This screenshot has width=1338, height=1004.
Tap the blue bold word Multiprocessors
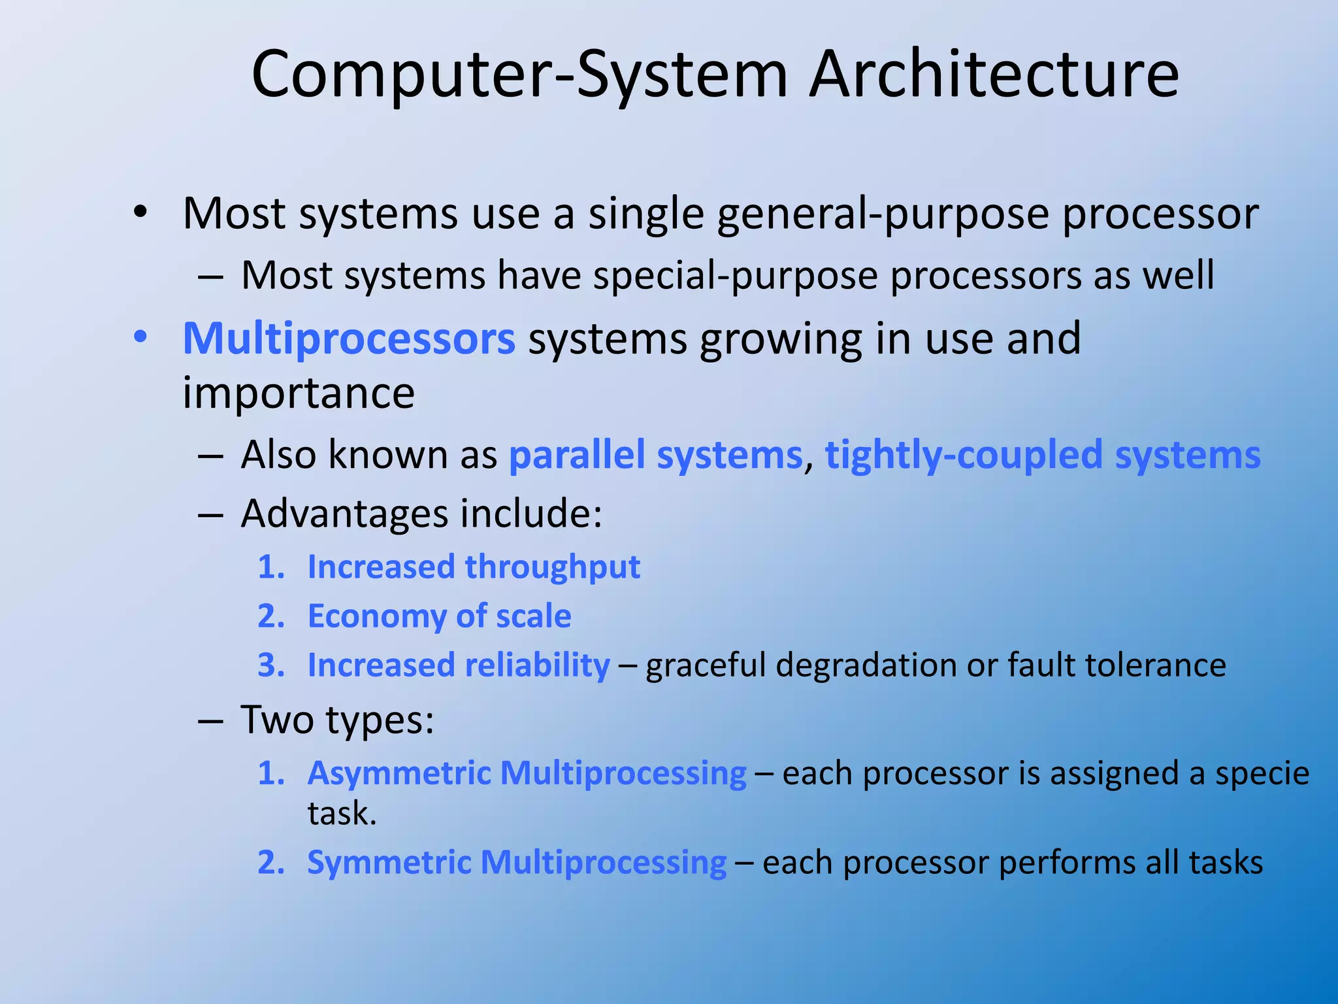tap(349, 339)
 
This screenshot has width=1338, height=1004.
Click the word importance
tap(299, 393)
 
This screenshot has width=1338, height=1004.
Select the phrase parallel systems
tap(655, 455)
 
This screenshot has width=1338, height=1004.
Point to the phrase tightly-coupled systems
tap(1042, 455)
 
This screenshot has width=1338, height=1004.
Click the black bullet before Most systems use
tap(140, 212)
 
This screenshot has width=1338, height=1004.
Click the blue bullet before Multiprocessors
tap(140, 338)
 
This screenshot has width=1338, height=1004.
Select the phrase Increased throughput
tap(474, 567)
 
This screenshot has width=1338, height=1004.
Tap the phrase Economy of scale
tap(439, 616)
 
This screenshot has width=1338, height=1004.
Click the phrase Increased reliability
tap(459, 665)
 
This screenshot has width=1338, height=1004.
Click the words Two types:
tap(337, 720)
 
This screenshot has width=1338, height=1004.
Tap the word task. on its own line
tap(342, 814)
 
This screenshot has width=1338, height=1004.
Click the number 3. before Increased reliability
tap(271, 665)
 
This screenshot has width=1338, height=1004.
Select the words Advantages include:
tap(421, 514)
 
